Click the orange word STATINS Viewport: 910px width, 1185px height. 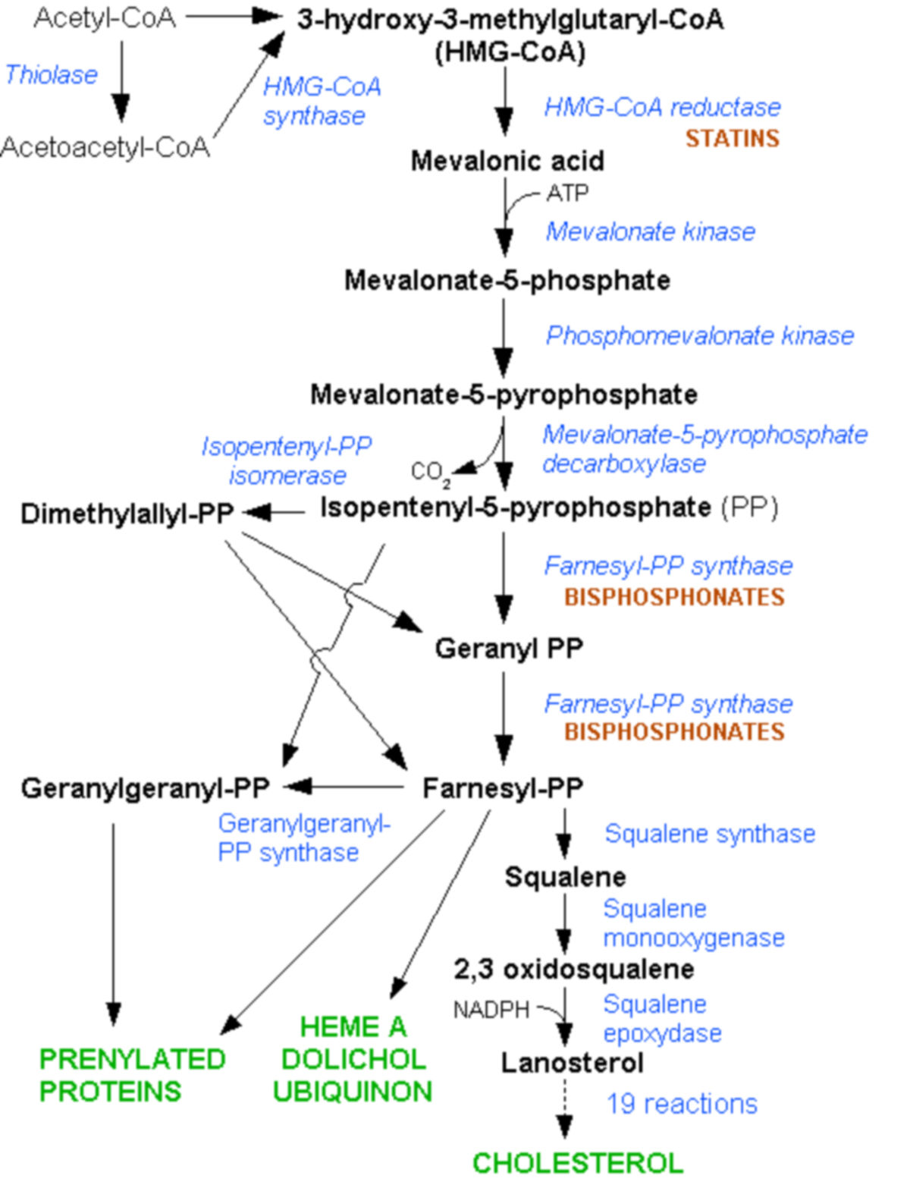tap(732, 138)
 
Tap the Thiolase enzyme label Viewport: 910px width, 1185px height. tap(51, 75)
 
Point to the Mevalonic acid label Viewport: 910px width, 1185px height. tap(507, 161)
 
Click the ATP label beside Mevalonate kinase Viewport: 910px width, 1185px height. tap(567, 193)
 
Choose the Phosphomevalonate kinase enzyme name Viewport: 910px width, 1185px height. tap(699, 335)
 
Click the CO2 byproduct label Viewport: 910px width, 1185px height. tap(430, 473)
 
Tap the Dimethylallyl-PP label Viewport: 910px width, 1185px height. tap(127, 514)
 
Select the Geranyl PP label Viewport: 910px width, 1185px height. tap(508, 649)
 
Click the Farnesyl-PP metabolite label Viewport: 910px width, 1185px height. tap(502, 788)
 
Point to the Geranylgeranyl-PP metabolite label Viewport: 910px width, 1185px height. tap(145, 788)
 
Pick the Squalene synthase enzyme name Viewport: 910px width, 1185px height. tap(709, 834)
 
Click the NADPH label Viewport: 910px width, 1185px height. tap(491, 1010)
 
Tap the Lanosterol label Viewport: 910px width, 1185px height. tap(572, 1063)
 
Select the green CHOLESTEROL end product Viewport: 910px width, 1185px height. tap(577, 1163)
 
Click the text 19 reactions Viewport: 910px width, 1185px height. tap(681, 1104)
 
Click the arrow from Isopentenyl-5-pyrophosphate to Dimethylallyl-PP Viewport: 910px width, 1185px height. tap(273, 513)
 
